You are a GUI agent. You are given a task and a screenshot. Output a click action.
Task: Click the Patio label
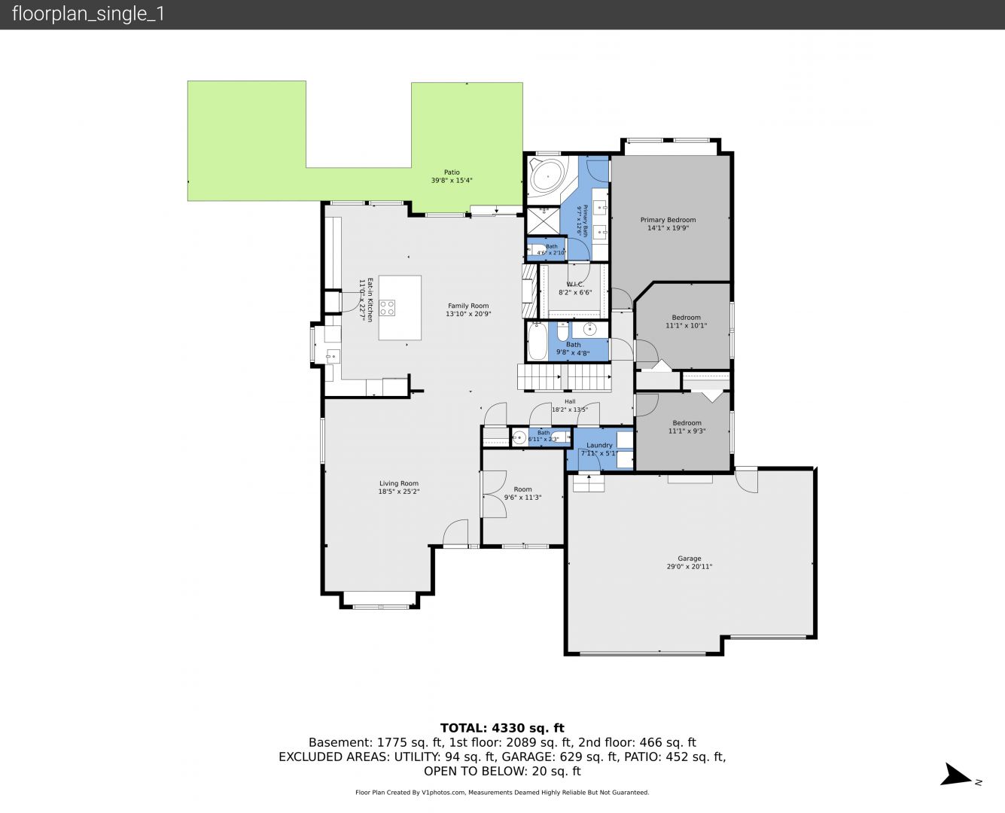(452, 172)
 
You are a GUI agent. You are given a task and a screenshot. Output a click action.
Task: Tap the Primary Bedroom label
(668, 220)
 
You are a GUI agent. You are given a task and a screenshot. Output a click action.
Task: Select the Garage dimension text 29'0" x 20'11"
(689, 567)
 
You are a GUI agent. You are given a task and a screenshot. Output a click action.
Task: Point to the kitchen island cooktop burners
(387, 308)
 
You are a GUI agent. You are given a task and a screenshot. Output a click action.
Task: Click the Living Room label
(399, 483)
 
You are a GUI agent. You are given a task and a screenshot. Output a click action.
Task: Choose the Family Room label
(468, 306)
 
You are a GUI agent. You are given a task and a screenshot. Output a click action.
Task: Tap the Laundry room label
(599, 445)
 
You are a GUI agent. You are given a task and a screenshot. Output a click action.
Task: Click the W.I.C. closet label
(574, 284)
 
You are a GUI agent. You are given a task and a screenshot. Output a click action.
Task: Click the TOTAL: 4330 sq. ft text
(502, 728)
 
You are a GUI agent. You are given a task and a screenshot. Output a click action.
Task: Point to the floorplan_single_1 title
(88, 14)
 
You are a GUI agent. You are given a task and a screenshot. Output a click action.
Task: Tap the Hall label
(570, 401)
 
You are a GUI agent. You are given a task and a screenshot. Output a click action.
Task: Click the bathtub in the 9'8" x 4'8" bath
(537, 341)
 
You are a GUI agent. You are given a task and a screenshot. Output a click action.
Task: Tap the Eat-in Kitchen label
(370, 300)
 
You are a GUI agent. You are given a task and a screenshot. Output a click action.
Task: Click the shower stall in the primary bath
(543, 221)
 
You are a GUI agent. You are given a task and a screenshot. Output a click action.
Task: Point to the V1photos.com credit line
(502, 792)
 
